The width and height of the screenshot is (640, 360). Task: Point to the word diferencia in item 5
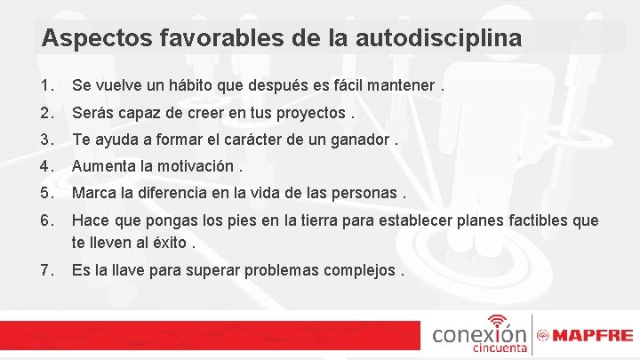183,192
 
